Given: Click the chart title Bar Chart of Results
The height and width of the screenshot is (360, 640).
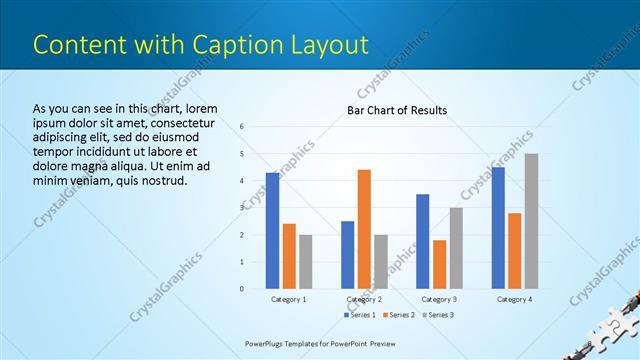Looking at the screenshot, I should [397, 110].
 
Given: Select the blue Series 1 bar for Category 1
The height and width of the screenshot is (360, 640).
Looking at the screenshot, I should [272, 230].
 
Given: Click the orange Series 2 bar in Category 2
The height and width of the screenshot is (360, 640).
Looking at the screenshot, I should [364, 229].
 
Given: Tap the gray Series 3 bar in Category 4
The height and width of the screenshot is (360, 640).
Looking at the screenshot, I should [531, 221].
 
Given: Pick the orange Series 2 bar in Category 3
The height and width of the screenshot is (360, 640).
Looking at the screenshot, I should [439, 264].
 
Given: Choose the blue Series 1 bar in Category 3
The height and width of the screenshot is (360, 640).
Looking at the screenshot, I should [422, 241].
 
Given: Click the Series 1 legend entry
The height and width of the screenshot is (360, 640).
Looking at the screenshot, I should [360, 315].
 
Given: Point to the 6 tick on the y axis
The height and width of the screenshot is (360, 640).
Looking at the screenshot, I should [242, 127].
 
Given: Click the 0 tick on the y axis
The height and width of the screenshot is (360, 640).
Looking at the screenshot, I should [242, 289].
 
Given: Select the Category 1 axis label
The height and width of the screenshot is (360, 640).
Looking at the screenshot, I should [289, 299].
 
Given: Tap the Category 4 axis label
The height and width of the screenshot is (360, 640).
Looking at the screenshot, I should [514, 299].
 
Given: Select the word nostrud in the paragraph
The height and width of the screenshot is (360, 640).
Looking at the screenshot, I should [161, 180].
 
